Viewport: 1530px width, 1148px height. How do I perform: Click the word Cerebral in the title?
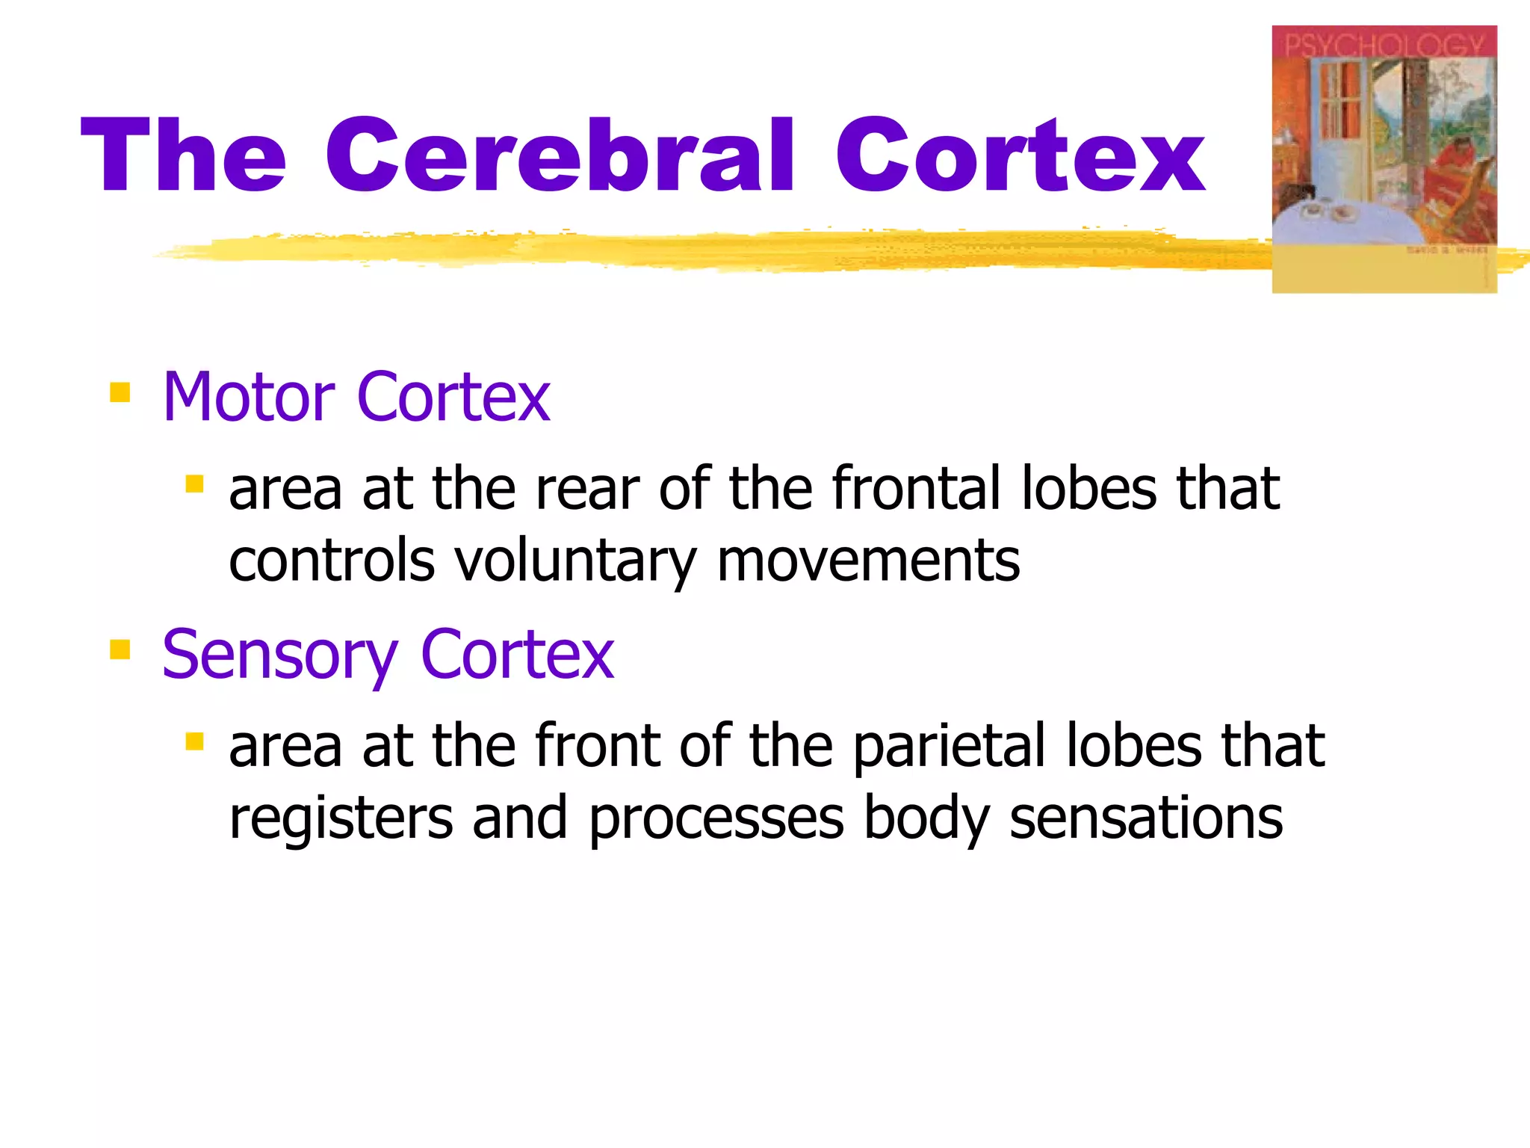coord(559,155)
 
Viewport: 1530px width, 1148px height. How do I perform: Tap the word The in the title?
coord(183,155)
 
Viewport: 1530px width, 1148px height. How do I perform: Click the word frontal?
coord(917,488)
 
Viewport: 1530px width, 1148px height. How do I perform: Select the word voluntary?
coord(575,561)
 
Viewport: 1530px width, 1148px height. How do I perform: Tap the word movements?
coord(868,561)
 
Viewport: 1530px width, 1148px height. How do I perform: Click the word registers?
coord(341,818)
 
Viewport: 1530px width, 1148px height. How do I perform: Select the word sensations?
coord(1146,818)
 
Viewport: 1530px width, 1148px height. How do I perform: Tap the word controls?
coord(332,561)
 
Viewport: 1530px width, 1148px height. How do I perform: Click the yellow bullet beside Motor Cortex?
coord(120,392)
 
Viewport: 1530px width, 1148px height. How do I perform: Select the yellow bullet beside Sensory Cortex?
coord(120,649)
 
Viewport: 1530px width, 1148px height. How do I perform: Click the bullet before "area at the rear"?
coord(195,484)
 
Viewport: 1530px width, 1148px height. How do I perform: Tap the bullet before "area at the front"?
coord(195,741)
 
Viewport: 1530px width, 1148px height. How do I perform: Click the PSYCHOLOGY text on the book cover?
coord(1384,45)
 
